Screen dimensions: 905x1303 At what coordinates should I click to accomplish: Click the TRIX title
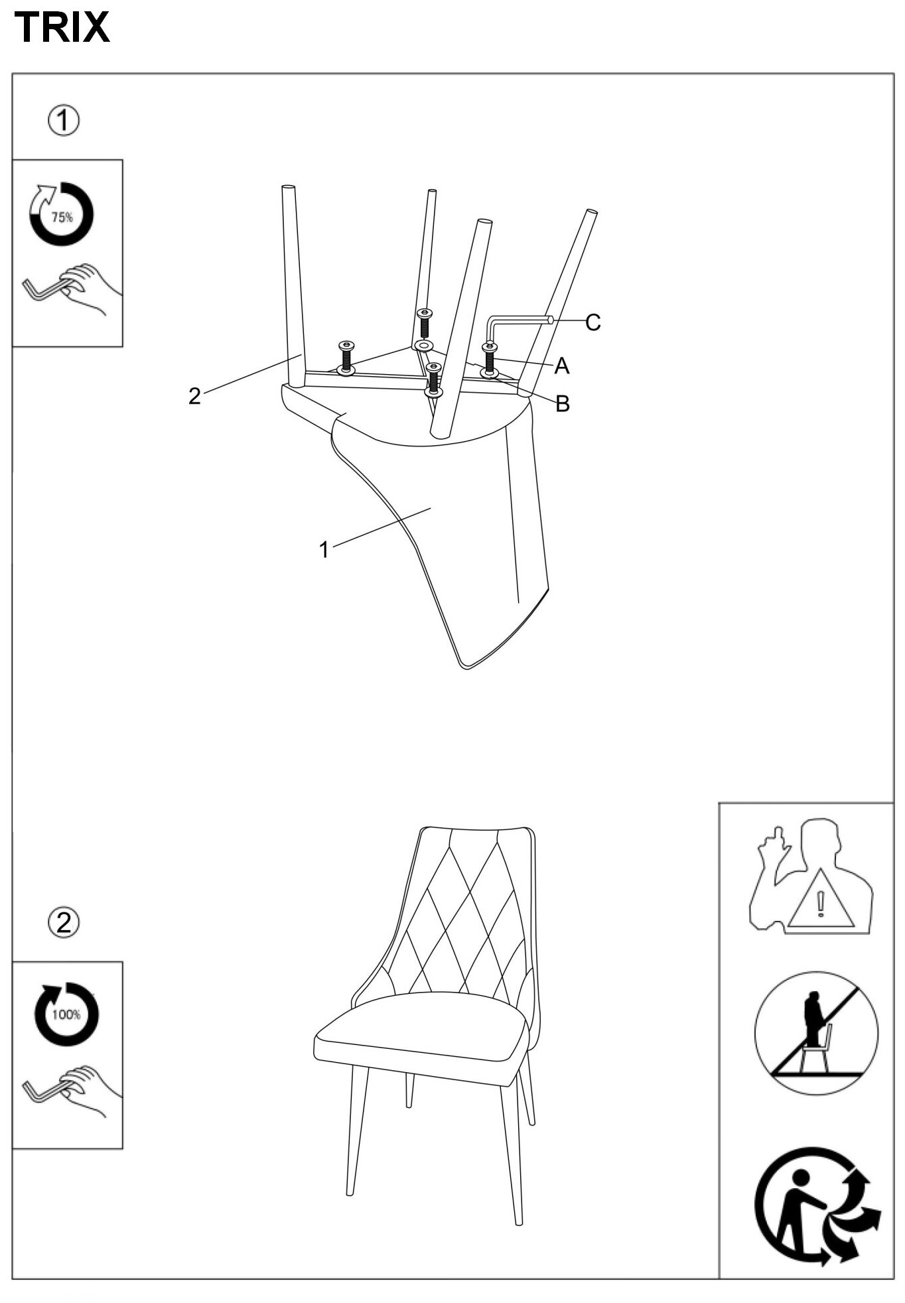tap(62, 28)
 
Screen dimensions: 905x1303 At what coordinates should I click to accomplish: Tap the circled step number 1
tap(64, 121)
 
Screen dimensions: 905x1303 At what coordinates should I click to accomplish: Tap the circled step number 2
tap(64, 922)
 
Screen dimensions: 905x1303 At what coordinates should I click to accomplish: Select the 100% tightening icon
tap(66, 1014)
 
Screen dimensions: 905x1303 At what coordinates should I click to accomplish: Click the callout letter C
tap(592, 322)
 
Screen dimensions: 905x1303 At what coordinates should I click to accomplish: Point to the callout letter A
tap(561, 366)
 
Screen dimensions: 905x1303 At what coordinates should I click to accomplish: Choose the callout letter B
tap(563, 403)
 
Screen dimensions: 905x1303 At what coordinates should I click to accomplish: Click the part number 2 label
tap(194, 396)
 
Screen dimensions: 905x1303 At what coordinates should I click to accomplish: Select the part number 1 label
tap(324, 549)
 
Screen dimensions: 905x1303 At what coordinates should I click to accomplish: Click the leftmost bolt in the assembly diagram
tap(346, 358)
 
